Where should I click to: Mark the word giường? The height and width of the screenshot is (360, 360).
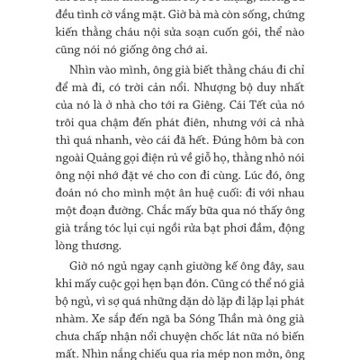click(184, 267)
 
